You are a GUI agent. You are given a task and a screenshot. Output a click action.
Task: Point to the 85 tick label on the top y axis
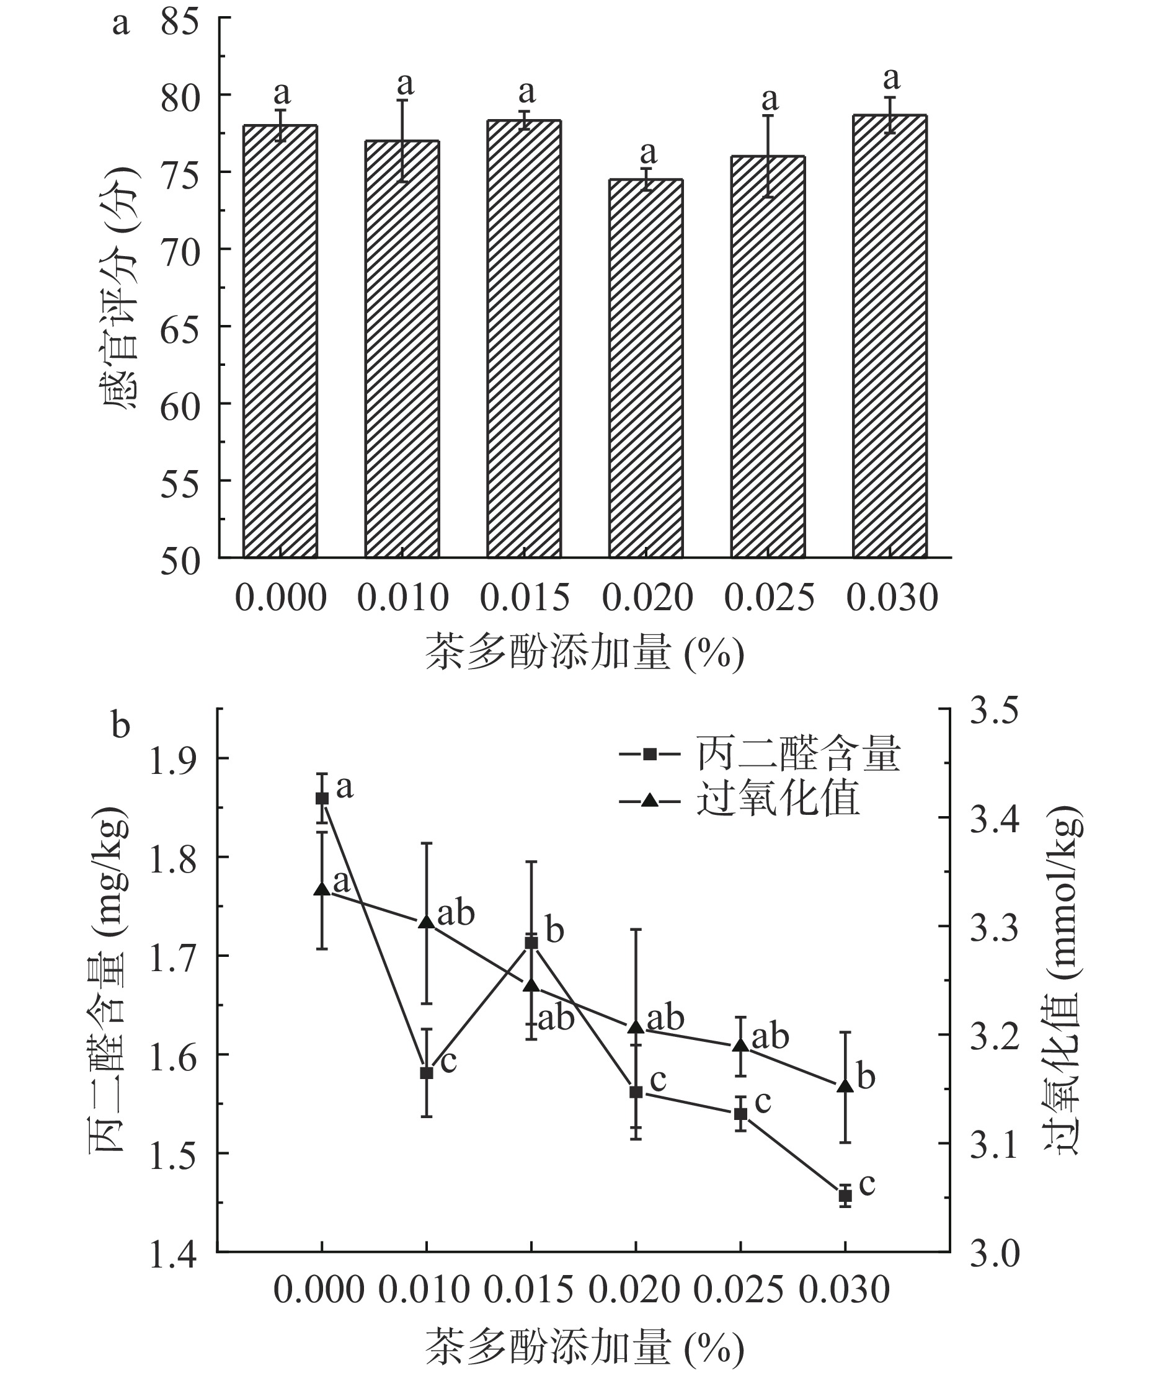pyautogui.click(x=180, y=25)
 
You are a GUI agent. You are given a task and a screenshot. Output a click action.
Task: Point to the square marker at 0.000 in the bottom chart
pyautogui.click(x=322, y=798)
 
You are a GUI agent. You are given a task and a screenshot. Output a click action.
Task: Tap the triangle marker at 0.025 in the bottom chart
pyautogui.click(x=740, y=1045)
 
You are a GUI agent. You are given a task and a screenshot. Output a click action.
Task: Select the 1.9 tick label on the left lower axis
pyautogui.click(x=174, y=761)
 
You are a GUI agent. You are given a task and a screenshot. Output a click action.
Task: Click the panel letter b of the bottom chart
pyautogui.click(x=120, y=726)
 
